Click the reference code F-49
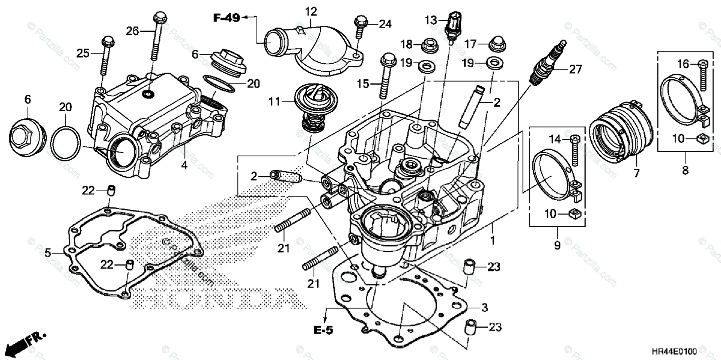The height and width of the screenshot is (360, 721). click(227, 18)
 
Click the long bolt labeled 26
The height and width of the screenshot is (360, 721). click(159, 36)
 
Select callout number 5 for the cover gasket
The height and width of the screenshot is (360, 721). click(48, 252)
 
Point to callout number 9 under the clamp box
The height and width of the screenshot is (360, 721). click(556, 245)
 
